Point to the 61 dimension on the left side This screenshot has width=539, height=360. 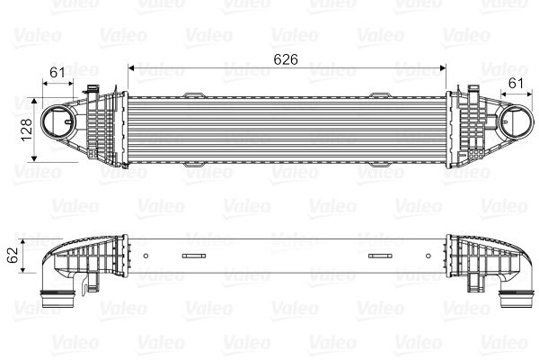tap(57, 71)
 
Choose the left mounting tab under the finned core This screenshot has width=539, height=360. tap(199, 166)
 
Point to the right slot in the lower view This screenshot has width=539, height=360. tap(381, 257)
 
